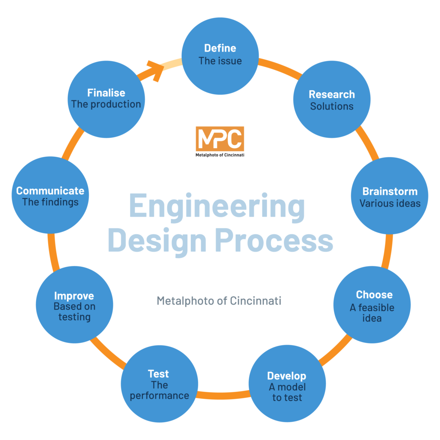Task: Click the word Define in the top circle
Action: point(220,48)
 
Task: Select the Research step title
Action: point(332,94)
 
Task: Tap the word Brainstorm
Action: point(390,191)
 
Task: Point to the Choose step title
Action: point(374,295)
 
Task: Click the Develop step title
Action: point(287,376)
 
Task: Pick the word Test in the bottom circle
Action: point(159,373)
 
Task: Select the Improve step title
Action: point(74,296)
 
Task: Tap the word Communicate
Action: point(50,191)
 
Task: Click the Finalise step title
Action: point(106,92)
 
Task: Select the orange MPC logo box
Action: point(220,139)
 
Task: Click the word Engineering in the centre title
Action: point(217,206)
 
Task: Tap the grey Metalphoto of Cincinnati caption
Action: point(219,301)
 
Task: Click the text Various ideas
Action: point(390,203)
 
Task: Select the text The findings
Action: point(50,202)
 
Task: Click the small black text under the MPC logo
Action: point(220,155)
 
